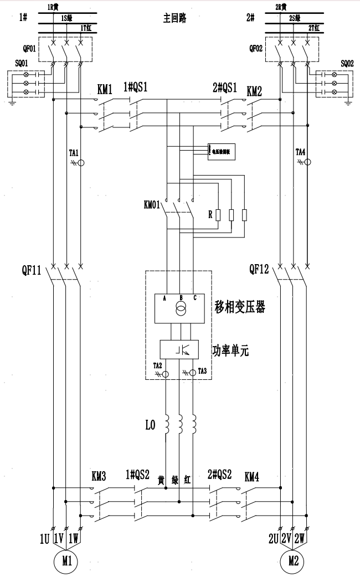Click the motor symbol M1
(x=67, y=561)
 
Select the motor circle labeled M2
(x=294, y=561)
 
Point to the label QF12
(x=259, y=270)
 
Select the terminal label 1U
(x=44, y=537)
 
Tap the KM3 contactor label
(x=100, y=476)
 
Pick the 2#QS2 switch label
(x=218, y=475)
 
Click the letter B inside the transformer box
(x=181, y=297)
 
